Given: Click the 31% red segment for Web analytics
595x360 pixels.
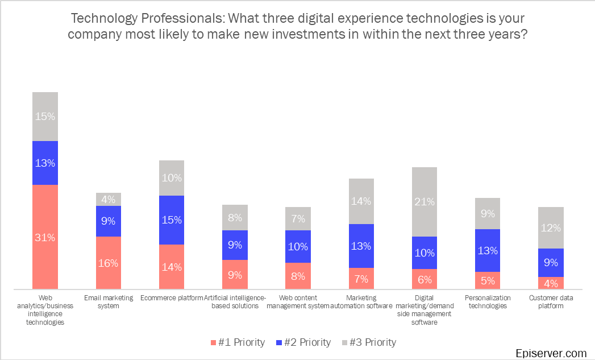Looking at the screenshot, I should [x=45, y=237].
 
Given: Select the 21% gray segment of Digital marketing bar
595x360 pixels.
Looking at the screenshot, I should [x=425, y=201].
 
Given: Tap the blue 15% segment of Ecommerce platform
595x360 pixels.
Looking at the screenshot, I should [x=171, y=220].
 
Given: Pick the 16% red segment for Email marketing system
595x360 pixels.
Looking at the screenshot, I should [x=108, y=263].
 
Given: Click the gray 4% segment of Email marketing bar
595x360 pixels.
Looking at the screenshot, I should [x=108, y=199].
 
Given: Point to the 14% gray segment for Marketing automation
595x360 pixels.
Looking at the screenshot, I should [x=361, y=201].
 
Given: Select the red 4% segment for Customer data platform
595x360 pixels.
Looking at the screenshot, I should [x=551, y=283].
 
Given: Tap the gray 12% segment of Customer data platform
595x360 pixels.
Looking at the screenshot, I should [x=551, y=227].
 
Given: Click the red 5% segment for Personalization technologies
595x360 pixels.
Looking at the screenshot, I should [x=487, y=280].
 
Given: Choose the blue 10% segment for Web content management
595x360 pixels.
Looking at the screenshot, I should [x=298, y=246].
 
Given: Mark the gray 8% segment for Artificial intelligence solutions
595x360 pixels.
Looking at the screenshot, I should [x=235, y=217].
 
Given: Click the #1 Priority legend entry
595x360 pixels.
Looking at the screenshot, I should [x=237, y=342].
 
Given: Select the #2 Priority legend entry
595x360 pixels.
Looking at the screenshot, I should [x=303, y=342].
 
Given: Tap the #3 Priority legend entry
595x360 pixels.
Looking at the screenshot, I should [x=368, y=342].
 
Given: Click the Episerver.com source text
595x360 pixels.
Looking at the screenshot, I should [x=551, y=353].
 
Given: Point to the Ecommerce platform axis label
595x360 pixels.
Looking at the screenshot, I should [x=171, y=298].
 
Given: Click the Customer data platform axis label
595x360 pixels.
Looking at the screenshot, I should [x=551, y=301].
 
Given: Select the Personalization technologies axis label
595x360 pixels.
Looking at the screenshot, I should [x=487, y=301].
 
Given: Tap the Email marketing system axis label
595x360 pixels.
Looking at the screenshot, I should [x=108, y=301].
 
